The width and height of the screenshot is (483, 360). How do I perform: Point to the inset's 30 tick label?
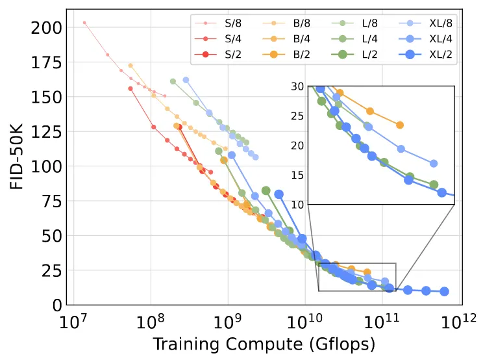(298, 86)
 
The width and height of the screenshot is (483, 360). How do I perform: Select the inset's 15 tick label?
(298, 175)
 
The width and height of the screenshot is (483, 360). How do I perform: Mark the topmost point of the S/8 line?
(84, 22)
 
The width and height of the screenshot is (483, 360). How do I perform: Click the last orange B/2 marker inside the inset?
(400, 125)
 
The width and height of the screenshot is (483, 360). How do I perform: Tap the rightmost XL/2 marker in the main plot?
(444, 291)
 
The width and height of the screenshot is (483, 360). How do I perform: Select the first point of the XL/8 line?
(186, 80)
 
